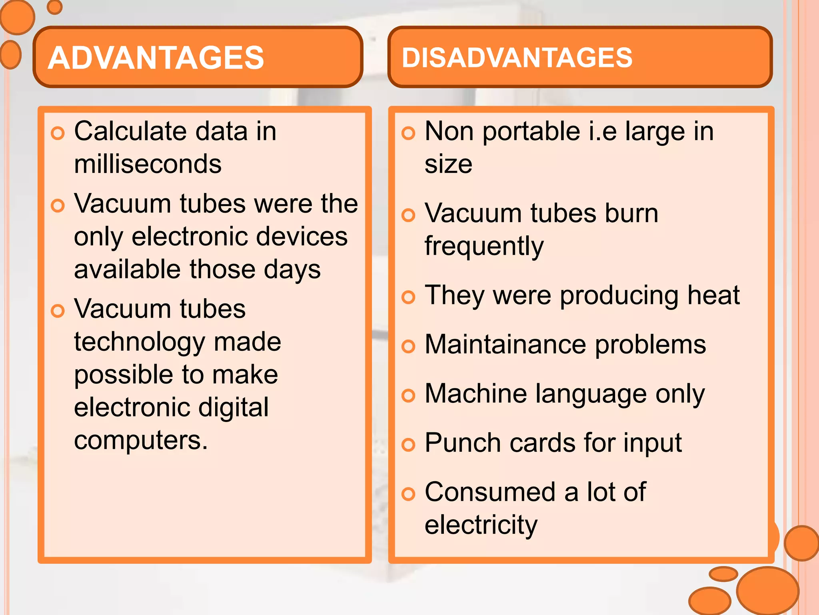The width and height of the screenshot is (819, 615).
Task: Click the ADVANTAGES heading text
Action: pos(156,58)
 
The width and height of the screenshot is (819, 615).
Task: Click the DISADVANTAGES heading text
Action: pos(517,58)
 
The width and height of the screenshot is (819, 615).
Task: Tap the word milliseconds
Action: pos(148,164)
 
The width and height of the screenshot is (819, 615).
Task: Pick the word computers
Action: pos(140,440)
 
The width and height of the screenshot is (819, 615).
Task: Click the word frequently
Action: pos(484,246)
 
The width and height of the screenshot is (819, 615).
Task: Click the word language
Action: pos(591,394)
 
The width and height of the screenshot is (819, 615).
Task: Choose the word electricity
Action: pos(481,525)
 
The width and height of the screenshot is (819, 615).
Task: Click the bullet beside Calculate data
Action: pos(58,133)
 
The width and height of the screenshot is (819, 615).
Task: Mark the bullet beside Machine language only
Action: pos(408,396)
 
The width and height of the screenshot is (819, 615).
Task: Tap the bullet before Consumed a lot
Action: pos(408,494)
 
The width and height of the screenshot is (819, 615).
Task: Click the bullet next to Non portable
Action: pos(408,133)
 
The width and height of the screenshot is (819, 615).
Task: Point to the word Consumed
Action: pos(490,492)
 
